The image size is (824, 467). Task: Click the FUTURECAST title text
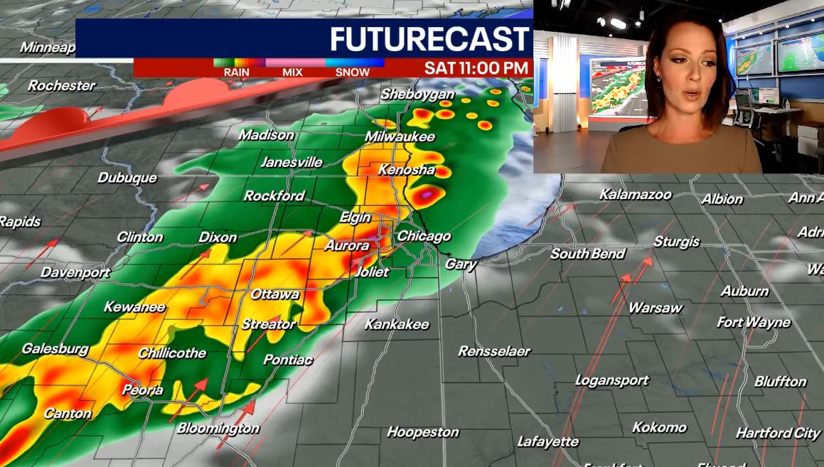(x=430, y=38)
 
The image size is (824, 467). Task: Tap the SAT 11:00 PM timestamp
(x=477, y=68)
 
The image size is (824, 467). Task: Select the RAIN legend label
(x=236, y=72)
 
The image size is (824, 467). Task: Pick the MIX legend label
(x=292, y=72)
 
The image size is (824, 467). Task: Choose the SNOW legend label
(x=353, y=72)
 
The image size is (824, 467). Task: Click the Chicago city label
(x=424, y=236)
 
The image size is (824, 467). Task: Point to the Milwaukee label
(x=400, y=136)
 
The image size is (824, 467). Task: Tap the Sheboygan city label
(x=417, y=94)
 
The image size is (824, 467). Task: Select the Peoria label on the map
(x=143, y=390)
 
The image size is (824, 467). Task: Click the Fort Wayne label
(x=754, y=322)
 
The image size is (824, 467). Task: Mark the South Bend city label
(x=588, y=254)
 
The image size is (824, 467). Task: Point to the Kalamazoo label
(x=635, y=194)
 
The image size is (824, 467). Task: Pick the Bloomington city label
(x=218, y=428)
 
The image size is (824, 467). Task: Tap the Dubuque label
(x=127, y=178)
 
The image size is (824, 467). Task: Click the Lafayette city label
(x=548, y=441)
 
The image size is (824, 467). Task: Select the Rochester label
(x=62, y=86)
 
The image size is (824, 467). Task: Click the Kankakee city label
(x=397, y=324)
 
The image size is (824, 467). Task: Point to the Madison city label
(x=266, y=134)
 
